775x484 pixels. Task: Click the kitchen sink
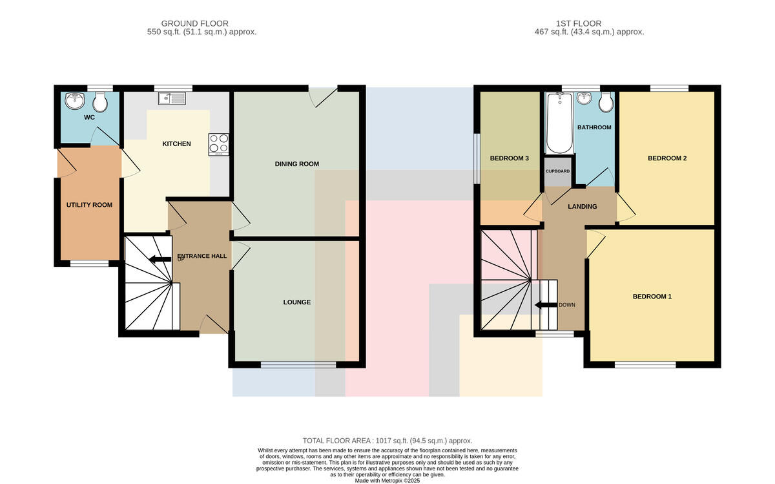[172, 98]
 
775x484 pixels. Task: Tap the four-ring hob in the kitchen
[219, 144]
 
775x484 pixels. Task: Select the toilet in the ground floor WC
[100, 101]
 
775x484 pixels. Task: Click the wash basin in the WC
[75, 101]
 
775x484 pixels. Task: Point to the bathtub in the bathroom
[559, 123]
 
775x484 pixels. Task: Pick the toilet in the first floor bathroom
[606, 102]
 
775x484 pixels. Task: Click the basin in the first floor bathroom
[584, 98]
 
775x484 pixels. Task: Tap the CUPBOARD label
[558, 171]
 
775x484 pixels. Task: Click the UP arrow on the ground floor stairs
[160, 259]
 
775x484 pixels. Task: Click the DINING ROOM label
[297, 163]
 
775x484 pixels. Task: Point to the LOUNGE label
[297, 302]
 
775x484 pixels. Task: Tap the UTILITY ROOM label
[89, 205]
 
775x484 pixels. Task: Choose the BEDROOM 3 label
[510, 158]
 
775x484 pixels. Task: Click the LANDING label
[583, 207]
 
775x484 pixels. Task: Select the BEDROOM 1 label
[652, 297]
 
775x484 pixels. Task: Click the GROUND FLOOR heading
[195, 23]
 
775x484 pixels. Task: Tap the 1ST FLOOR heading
[579, 23]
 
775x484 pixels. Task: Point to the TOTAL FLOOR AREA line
[387, 441]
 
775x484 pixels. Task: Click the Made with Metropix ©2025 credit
[387, 481]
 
